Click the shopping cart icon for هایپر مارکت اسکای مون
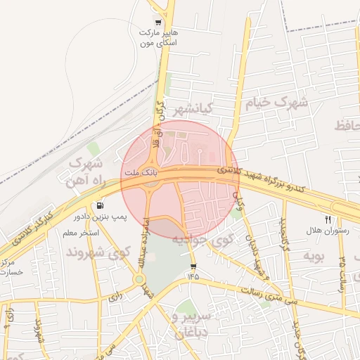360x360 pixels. pos(157,22)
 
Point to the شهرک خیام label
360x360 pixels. pos(276,103)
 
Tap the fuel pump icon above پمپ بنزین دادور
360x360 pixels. pos(102,206)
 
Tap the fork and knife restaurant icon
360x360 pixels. pos(328,219)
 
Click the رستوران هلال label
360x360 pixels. pos(323,231)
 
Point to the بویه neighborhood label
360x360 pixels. pos(313,256)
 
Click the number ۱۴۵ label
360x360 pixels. pos(193,278)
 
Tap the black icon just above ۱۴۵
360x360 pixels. pos(193,266)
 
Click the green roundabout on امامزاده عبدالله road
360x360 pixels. pos(139,280)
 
